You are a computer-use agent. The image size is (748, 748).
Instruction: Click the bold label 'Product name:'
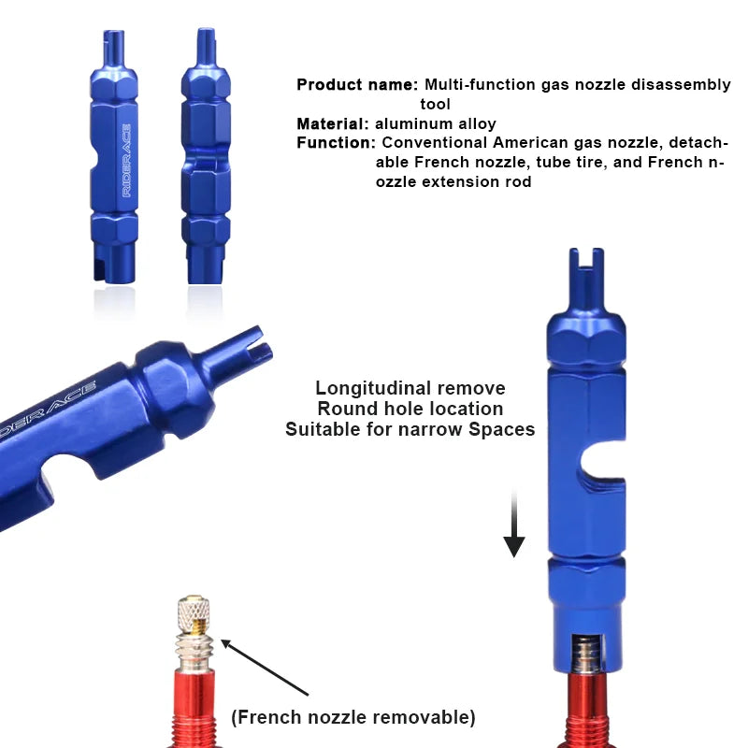click(357, 85)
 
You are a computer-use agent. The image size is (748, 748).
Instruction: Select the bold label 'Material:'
click(333, 123)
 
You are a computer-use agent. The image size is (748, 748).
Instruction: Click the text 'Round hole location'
click(410, 409)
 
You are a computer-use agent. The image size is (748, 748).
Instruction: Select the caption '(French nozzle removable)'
click(353, 717)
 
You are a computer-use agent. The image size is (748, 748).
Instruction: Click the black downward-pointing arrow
click(514, 528)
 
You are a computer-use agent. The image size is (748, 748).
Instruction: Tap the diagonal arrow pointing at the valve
click(266, 668)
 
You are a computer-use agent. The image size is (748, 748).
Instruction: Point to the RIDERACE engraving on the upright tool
click(125, 159)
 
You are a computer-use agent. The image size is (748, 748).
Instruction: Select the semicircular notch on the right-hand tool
click(598, 465)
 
